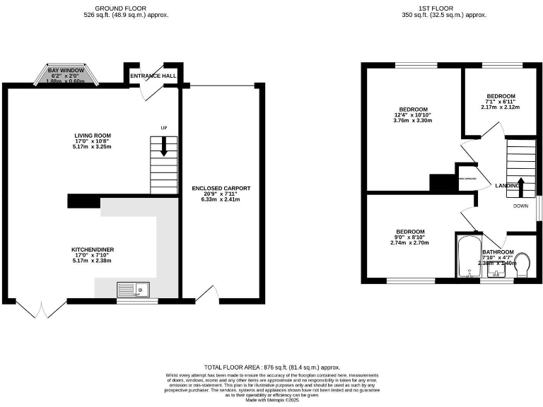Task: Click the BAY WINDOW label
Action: [66, 71]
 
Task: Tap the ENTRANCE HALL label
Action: [152, 76]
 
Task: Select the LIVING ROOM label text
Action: [93, 136]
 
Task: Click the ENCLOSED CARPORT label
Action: [221, 189]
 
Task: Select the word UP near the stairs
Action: [164, 128]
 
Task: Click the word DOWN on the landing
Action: [521, 206]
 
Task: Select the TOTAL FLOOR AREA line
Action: [271, 367]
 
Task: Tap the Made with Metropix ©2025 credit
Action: [271, 400]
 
